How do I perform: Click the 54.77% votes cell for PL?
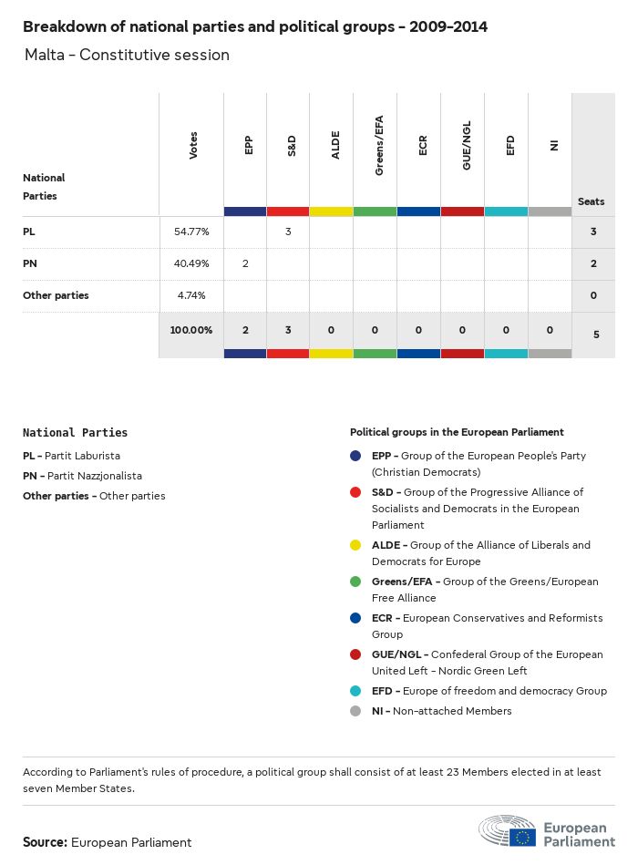click(x=191, y=232)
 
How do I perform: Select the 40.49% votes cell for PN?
click(x=191, y=263)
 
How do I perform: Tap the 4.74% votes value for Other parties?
click(x=191, y=295)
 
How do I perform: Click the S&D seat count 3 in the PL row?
click(x=288, y=232)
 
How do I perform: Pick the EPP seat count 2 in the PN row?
click(x=244, y=263)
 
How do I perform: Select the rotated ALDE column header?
click(x=335, y=145)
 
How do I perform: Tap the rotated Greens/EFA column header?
click(x=378, y=145)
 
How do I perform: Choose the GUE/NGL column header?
click(x=467, y=149)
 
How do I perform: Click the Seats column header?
click(x=591, y=201)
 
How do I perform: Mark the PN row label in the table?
click(x=30, y=263)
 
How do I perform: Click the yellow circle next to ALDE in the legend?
click(x=355, y=545)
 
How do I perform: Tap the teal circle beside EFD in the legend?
click(x=355, y=691)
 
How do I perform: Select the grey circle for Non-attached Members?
click(x=355, y=711)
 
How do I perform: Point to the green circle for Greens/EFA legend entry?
click(x=355, y=582)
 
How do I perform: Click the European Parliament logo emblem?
click(x=509, y=831)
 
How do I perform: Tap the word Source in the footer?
click(x=45, y=842)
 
